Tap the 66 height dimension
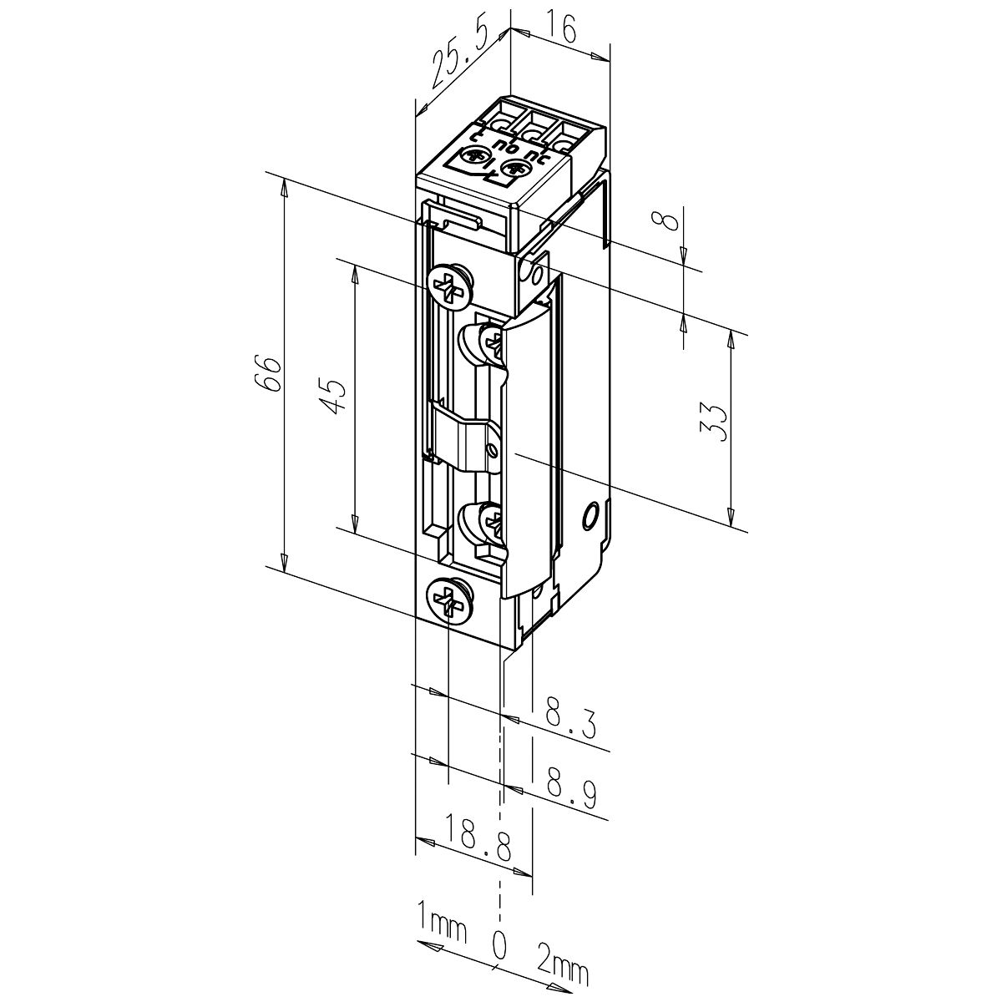tap(268, 373)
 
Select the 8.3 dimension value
tap(570, 721)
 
